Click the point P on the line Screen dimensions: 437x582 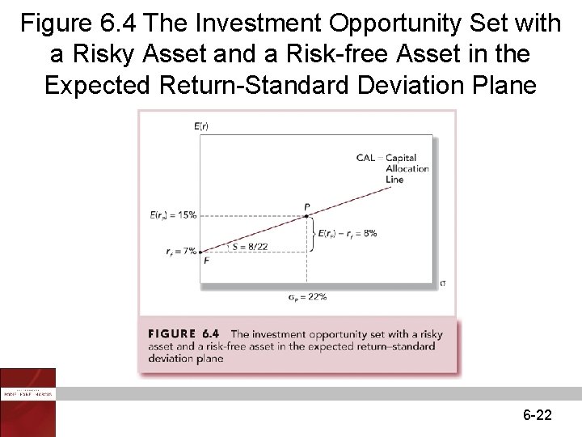[306, 215]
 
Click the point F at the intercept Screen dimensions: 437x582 [200, 252]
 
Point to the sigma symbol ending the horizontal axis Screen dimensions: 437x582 [442, 283]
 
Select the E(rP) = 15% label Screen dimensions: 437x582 [173, 215]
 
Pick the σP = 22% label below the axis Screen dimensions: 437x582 [307, 297]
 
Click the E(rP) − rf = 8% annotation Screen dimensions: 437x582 [348, 233]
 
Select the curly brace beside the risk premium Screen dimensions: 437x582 [313, 233]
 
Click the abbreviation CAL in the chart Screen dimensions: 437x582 [365, 157]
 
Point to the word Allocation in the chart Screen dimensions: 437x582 [407, 168]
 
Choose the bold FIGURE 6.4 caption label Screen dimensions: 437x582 [184, 333]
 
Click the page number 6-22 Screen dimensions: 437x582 [538, 415]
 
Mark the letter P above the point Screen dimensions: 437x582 [307, 207]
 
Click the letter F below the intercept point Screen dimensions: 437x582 [205, 261]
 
